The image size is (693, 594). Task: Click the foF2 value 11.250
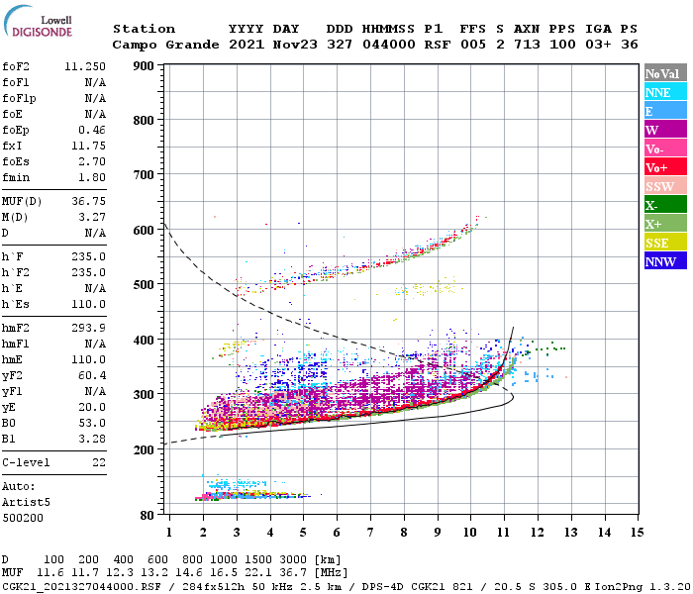86,65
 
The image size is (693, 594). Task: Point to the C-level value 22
100,462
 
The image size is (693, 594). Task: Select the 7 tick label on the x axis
370,532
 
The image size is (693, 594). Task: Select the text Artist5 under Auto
27,502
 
